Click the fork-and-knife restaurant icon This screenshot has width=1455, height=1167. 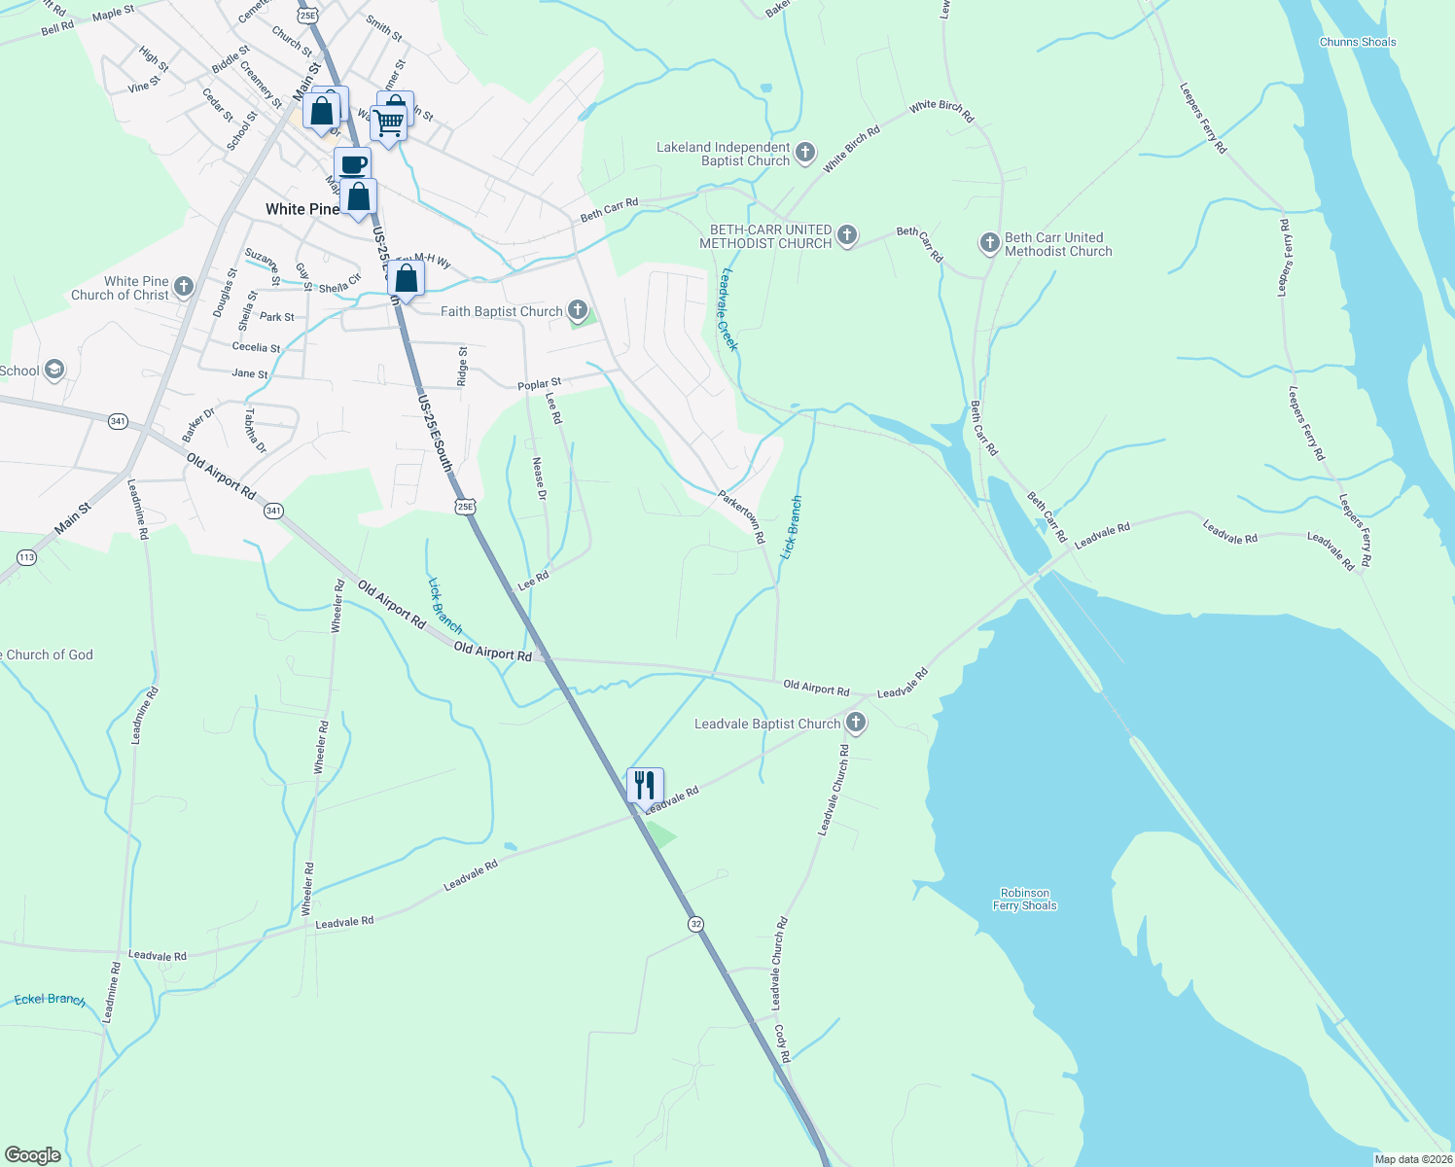coord(645,784)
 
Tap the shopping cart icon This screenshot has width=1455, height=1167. coord(388,123)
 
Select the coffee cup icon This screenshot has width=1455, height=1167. coord(352,164)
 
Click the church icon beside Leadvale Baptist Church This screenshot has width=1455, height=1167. coord(856,723)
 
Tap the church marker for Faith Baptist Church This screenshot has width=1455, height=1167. coord(578,310)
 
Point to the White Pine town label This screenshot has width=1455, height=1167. coord(302,209)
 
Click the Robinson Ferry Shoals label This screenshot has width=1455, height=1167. coord(1024,900)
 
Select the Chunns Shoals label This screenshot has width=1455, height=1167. coord(1358,42)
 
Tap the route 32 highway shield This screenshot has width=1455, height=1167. coord(694,923)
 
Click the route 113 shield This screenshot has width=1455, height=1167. coord(26,557)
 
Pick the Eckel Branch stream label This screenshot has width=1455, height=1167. coord(50,999)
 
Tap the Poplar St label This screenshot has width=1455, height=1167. coord(539,385)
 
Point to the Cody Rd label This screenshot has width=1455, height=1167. coord(782,1042)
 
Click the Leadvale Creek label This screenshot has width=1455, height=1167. coord(728,309)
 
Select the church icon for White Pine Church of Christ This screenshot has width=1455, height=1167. coord(184,287)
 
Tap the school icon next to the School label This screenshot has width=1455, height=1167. coord(54,370)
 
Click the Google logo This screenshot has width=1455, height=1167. coord(32,1154)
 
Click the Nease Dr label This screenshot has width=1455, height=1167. coord(538,477)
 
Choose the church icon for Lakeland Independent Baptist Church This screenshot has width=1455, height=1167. coord(804,153)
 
